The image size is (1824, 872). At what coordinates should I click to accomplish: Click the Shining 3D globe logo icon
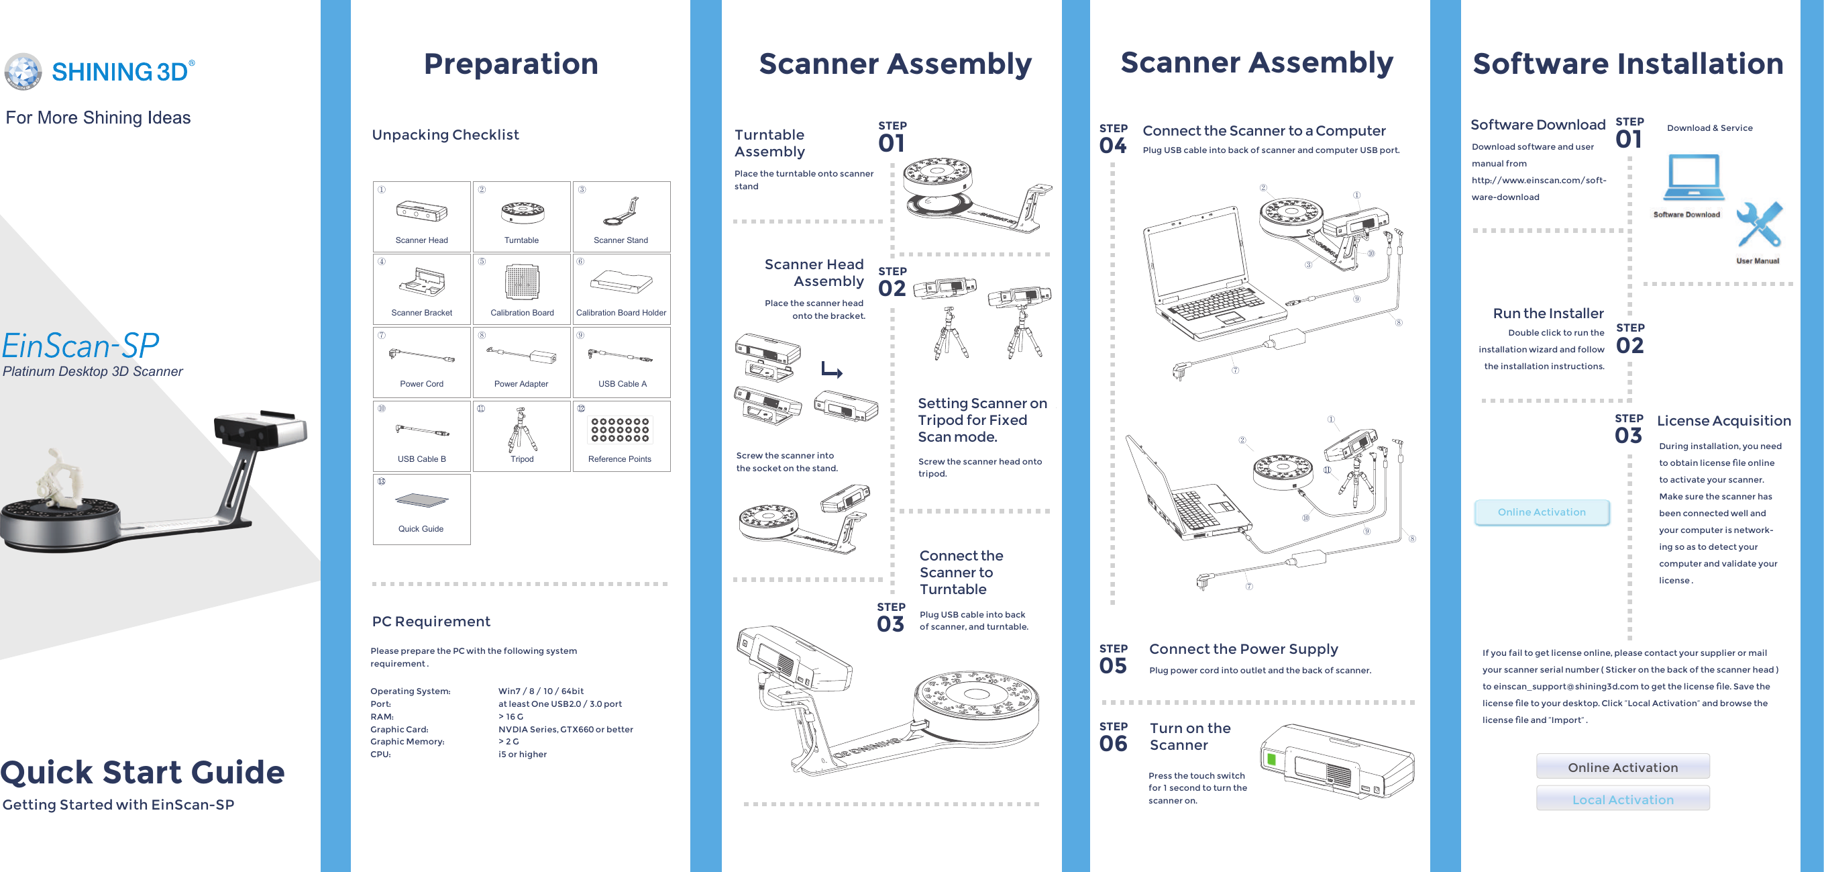[23, 72]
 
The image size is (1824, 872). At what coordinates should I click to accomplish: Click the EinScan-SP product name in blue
[80, 346]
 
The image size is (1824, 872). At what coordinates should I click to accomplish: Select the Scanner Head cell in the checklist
[422, 216]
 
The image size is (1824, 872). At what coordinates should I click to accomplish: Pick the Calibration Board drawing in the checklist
[522, 282]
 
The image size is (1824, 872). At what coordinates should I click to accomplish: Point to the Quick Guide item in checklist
[421, 509]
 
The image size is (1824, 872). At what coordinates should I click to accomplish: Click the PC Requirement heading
[431, 621]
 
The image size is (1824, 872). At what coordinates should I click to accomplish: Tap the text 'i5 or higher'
[523, 754]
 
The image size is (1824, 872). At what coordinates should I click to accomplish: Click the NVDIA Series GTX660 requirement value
[565, 729]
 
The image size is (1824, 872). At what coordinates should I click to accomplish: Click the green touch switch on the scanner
[1271, 760]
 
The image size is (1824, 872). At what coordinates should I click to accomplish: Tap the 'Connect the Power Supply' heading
[1243, 649]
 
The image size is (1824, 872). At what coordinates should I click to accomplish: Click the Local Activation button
[1622, 799]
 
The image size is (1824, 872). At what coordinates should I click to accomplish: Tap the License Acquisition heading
[1723, 421]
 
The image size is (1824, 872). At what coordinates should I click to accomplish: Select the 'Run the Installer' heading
[1548, 313]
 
